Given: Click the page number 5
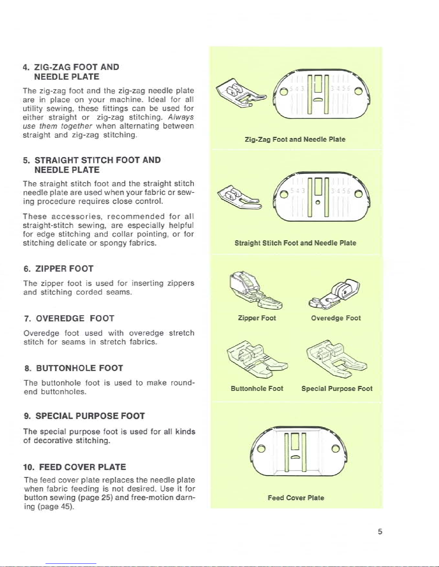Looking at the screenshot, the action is pyautogui.click(x=380, y=532).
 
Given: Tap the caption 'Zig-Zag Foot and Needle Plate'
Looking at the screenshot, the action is pyautogui.click(x=295, y=140).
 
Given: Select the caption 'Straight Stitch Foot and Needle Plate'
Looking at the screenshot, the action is pyautogui.click(x=295, y=243).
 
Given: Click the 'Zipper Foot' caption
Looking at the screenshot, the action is pyautogui.click(x=257, y=318).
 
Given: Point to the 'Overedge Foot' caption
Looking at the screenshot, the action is pyautogui.click(x=336, y=318).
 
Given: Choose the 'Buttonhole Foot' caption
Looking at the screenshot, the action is pyautogui.click(x=257, y=388).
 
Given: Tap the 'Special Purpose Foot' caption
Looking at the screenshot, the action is pyautogui.click(x=337, y=388).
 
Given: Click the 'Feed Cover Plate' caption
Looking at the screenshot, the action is pyautogui.click(x=296, y=498).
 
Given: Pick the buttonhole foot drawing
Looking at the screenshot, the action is pyautogui.click(x=257, y=359).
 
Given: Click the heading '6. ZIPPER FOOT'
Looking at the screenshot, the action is pyautogui.click(x=58, y=269).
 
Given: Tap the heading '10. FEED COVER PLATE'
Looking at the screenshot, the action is pyautogui.click(x=75, y=467).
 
